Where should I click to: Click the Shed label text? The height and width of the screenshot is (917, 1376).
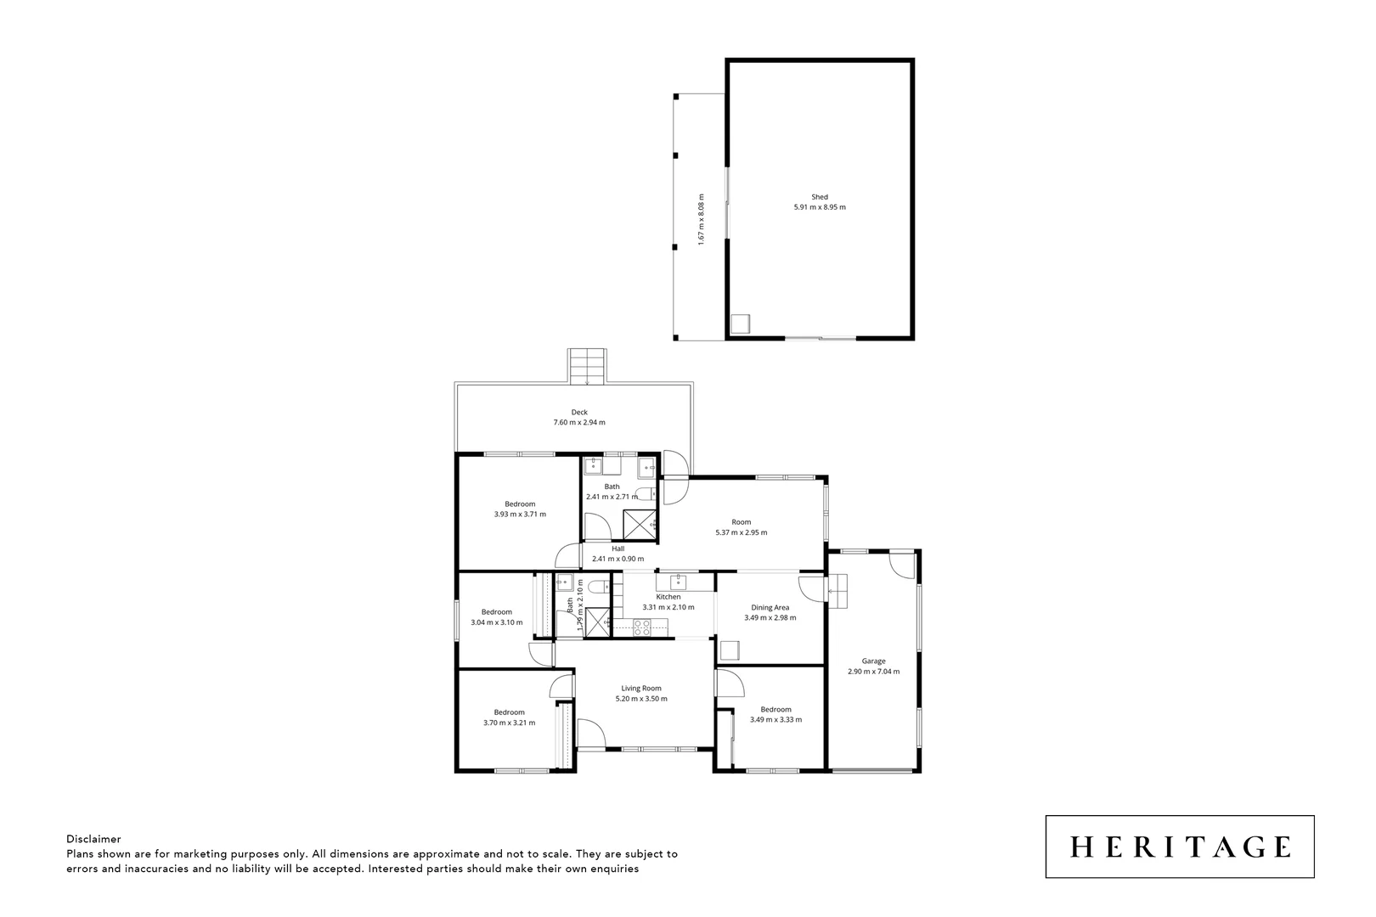(819, 197)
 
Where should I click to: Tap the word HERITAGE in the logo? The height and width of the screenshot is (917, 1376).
(1180, 847)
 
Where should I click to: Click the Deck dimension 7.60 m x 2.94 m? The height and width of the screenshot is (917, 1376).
(579, 422)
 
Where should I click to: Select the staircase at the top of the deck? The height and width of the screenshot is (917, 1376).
(587, 366)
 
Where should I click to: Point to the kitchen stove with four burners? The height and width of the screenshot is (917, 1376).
(642, 627)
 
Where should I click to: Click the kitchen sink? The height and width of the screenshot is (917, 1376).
(678, 582)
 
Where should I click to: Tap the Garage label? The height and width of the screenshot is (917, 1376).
(873, 661)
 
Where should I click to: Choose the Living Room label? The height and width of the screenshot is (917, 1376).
(641, 689)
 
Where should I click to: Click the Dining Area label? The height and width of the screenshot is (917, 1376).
(770, 607)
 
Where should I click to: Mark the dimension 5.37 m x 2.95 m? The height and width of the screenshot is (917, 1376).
(742, 533)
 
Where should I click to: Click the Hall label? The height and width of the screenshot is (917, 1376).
(618, 549)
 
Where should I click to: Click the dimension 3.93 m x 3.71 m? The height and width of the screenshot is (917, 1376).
(520, 514)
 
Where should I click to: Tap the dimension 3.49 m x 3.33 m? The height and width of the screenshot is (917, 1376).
(775, 720)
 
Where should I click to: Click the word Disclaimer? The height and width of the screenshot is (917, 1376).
(93, 839)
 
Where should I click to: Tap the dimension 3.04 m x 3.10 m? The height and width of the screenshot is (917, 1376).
(497, 622)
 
